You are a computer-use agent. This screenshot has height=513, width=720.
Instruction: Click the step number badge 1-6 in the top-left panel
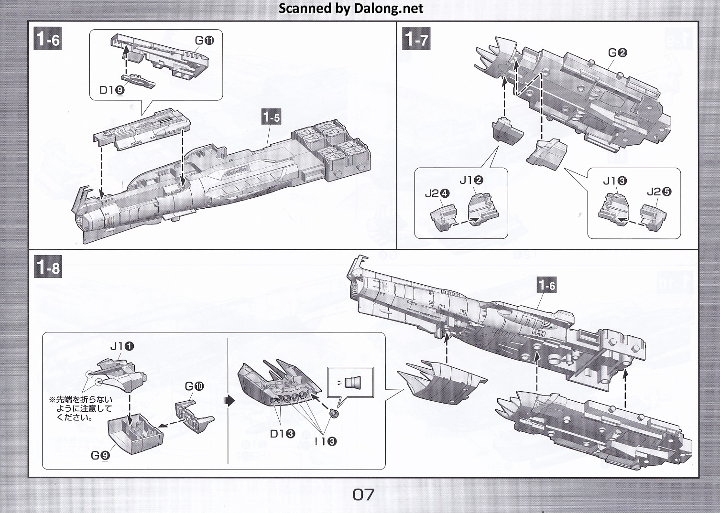(48, 39)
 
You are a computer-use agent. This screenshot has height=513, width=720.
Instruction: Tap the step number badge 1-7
(417, 38)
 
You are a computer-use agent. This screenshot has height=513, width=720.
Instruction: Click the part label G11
(204, 41)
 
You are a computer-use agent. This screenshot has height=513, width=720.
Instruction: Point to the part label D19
(112, 89)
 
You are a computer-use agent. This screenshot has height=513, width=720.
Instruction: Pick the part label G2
(617, 53)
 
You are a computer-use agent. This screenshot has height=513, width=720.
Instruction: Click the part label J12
(471, 180)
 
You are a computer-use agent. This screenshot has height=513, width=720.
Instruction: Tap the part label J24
(437, 193)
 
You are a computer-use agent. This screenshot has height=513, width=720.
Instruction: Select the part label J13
(615, 181)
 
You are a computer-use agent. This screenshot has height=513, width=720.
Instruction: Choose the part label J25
(659, 192)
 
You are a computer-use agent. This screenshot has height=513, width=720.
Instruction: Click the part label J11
(122, 346)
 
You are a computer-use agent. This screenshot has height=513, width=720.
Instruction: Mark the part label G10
(194, 386)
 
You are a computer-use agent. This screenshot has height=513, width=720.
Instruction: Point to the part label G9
(100, 455)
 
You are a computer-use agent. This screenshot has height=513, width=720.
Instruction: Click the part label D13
(283, 434)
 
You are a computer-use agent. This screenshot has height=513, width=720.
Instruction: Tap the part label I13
(326, 441)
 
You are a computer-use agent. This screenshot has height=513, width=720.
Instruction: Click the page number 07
(363, 495)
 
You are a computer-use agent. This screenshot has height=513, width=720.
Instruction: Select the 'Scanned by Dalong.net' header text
(350, 9)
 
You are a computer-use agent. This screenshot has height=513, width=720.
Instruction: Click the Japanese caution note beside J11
(81, 408)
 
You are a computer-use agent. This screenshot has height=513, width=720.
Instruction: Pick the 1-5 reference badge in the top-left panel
(271, 117)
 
